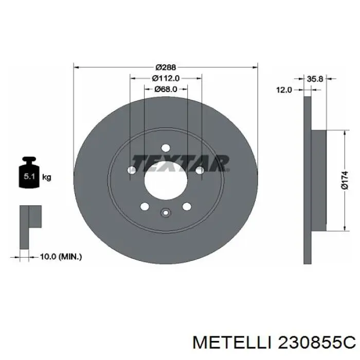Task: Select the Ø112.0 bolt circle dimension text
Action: click(x=166, y=78)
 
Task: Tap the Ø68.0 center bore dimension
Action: click(x=166, y=89)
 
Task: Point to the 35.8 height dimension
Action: click(x=314, y=79)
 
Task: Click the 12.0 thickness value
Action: click(x=284, y=89)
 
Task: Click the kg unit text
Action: click(x=46, y=177)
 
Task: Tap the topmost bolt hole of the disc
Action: click(x=165, y=147)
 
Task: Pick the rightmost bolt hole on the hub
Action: click(x=199, y=170)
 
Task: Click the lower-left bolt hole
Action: click(x=145, y=207)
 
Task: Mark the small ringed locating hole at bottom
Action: click(x=165, y=213)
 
